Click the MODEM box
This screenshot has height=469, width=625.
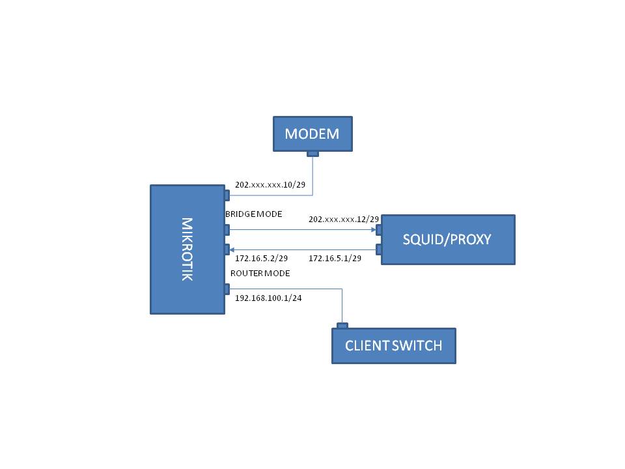click(x=312, y=134)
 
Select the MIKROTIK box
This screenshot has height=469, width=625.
click(x=187, y=249)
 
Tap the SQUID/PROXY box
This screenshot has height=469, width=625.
click(x=448, y=239)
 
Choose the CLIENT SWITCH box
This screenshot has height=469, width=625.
click(x=394, y=346)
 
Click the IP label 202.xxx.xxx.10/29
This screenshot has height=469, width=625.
click(x=270, y=184)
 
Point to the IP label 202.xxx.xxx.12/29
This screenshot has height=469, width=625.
click(x=344, y=220)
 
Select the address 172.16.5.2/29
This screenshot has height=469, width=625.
click(x=262, y=259)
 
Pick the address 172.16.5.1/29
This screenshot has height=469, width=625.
click(x=335, y=259)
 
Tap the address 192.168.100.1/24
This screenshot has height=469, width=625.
click(x=268, y=298)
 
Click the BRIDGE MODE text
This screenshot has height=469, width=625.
click(x=254, y=214)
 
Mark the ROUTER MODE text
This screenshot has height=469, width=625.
click(x=260, y=273)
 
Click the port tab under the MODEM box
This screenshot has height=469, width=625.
click(x=313, y=154)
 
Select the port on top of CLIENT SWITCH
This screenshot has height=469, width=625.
click(x=342, y=326)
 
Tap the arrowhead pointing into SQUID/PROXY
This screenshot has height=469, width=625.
click(x=374, y=230)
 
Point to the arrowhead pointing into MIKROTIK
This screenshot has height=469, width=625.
click(x=232, y=250)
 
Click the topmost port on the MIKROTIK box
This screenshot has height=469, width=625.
click(x=227, y=195)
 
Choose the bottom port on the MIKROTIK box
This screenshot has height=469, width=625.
click(x=227, y=289)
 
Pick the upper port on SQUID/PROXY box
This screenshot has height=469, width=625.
click(x=379, y=230)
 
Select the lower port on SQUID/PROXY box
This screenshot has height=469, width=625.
click(x=379, y=249)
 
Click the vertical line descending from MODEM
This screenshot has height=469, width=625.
click(x=312, y=176)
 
